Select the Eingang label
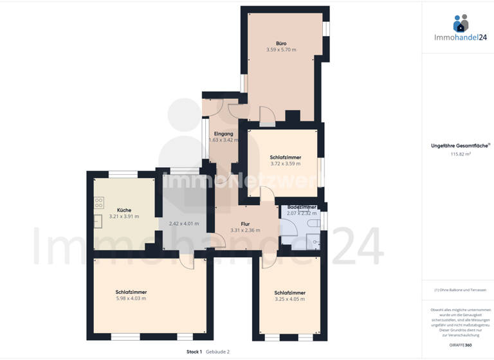223,134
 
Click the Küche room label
124,210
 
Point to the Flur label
245,223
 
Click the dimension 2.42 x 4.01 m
184,224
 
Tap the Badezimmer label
302,207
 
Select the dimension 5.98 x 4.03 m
131,298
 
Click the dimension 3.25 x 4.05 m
289,299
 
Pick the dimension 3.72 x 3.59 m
286,164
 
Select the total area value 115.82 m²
461,154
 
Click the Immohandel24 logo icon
461,24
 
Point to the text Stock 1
194,352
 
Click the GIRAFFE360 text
461,346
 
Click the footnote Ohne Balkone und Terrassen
461,290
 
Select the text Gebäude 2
217,352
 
